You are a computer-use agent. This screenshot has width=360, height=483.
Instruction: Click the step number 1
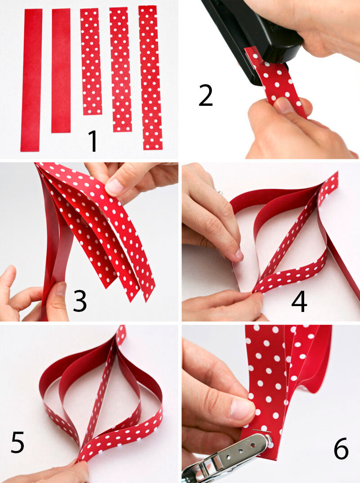[92, 141]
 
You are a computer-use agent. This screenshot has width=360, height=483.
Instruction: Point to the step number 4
[299, 301]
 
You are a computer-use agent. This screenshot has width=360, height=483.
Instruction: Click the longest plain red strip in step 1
[31, 80]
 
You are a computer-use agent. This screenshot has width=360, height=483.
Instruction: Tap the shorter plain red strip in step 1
[61, 71]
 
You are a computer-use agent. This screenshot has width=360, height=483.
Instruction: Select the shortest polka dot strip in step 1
[91, 62]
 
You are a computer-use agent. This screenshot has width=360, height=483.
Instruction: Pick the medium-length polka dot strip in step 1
[121, 70]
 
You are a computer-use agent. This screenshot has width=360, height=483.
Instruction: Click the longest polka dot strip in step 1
[150, 77]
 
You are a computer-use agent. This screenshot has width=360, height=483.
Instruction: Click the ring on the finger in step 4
[219, 192]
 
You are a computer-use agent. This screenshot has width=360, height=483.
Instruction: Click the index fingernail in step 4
[239, 255]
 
